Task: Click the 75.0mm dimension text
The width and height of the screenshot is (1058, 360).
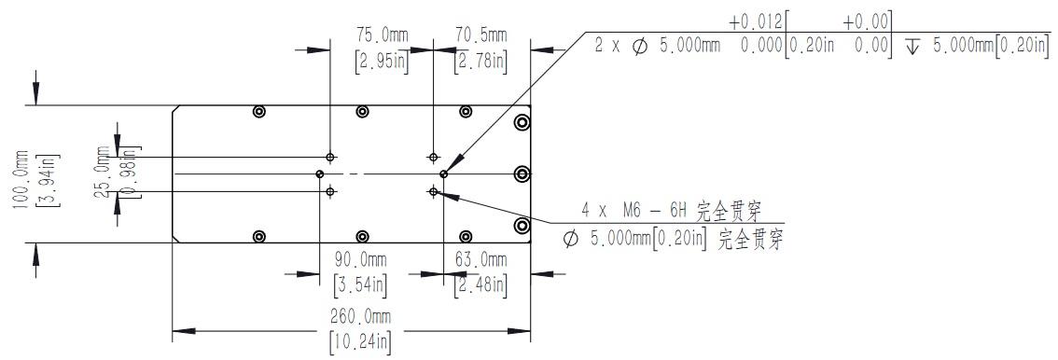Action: [382, 35]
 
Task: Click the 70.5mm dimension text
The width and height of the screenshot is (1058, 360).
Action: [481, 35]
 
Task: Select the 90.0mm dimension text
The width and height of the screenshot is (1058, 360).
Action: [360, 259]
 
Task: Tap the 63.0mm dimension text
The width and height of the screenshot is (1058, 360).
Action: [480, 259]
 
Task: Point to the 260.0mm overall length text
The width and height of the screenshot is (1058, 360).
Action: [360, 316]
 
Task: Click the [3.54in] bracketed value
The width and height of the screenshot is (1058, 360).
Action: [360, 285]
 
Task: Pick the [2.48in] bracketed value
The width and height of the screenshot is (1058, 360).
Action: [480, 285]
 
